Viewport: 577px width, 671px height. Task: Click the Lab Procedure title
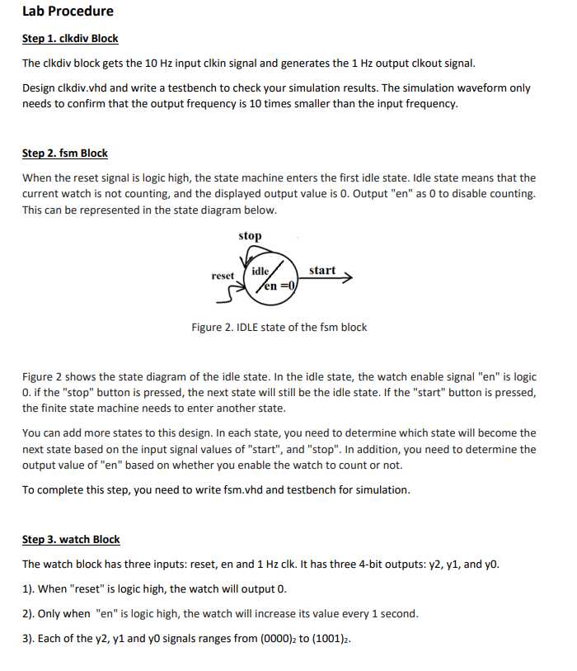[x=68, y=12]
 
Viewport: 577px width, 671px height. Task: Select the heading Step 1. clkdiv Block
[x=70, y=39]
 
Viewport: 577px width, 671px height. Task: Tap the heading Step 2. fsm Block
[x=64, y=154]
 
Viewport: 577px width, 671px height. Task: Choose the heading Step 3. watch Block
[x=71, y=540]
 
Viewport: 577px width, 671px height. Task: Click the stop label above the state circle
[x=250, y=236]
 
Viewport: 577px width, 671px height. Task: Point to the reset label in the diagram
[x=223, y=275]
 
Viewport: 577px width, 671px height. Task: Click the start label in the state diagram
[x=322, y=270]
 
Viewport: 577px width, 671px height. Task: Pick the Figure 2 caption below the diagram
[x=279, y=328]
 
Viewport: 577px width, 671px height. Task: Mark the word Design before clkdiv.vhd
[x=40, y=87]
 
